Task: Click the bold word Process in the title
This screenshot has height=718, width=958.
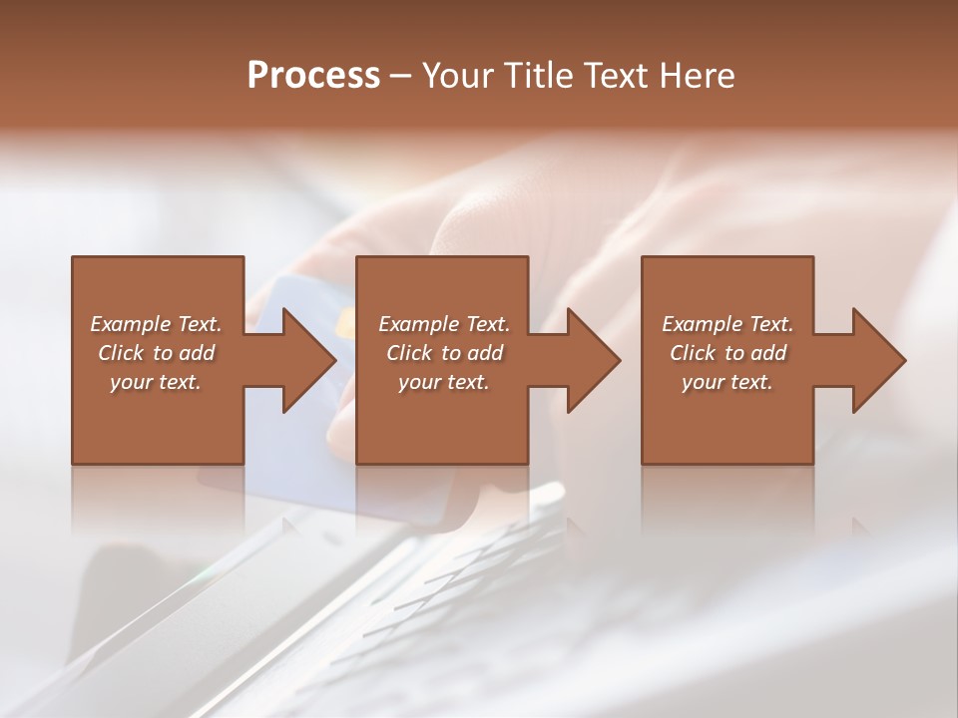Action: point(313,76)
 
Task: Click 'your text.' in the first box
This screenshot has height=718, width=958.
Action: point(156,382)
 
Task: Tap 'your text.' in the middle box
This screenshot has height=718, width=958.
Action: point(444,382)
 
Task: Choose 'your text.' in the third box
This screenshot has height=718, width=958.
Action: point(727,382)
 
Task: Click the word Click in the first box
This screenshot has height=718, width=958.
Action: point(120,353)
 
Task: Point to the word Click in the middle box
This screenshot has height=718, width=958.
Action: point(409,353)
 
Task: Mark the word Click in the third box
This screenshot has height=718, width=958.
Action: point(693,353)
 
